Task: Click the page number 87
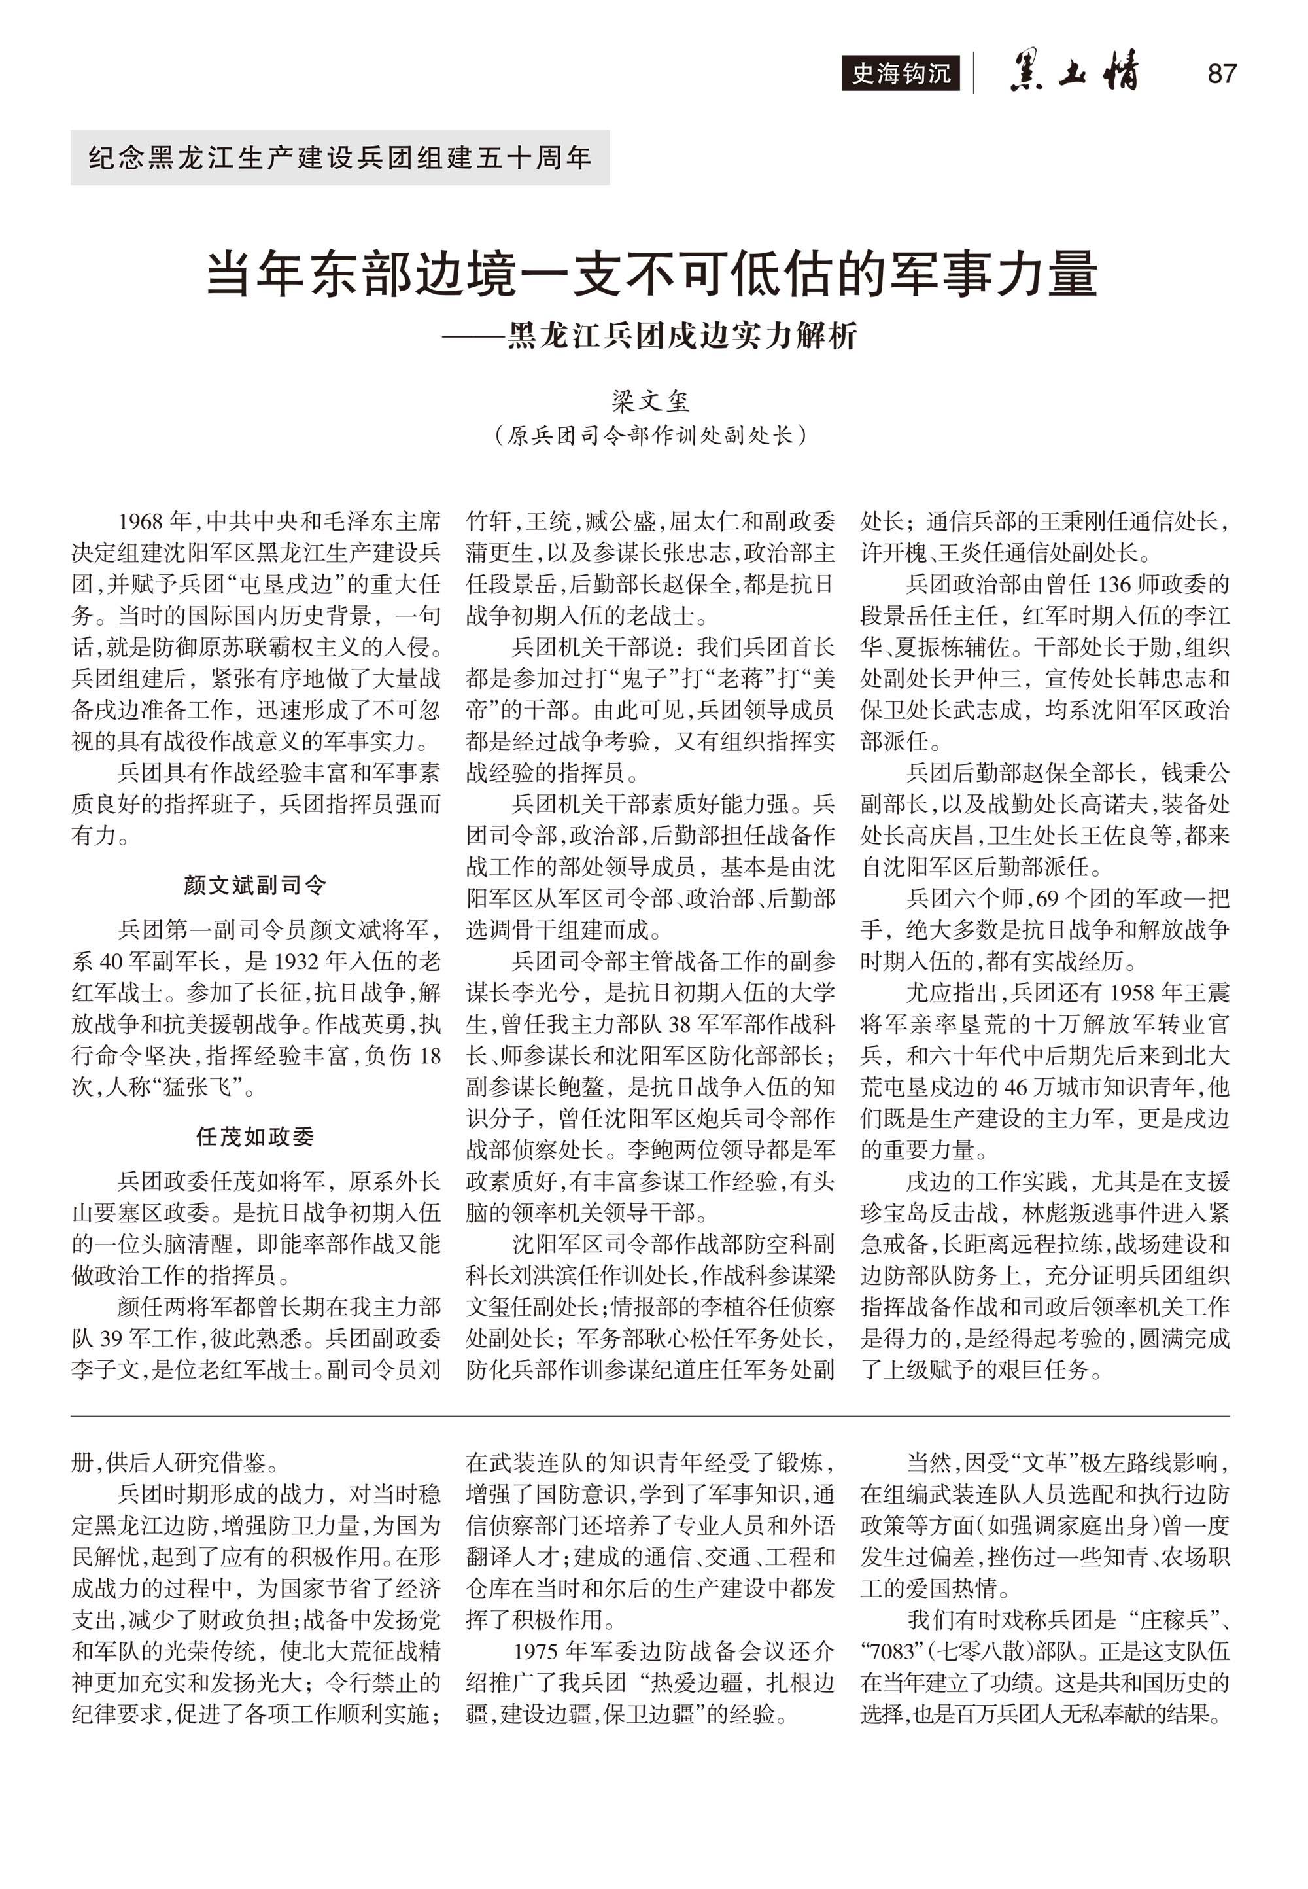coord(1221,74)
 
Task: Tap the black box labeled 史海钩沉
coord(901,74)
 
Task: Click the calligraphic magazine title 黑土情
coord(1074,72)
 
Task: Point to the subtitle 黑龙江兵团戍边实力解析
coord(682,336)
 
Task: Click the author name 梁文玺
coord(651,401)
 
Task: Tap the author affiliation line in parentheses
coord(651,434)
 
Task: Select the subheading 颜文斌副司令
coord(255,885)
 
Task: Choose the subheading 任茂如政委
coord(255,1137)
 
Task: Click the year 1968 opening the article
coord(142,521)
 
